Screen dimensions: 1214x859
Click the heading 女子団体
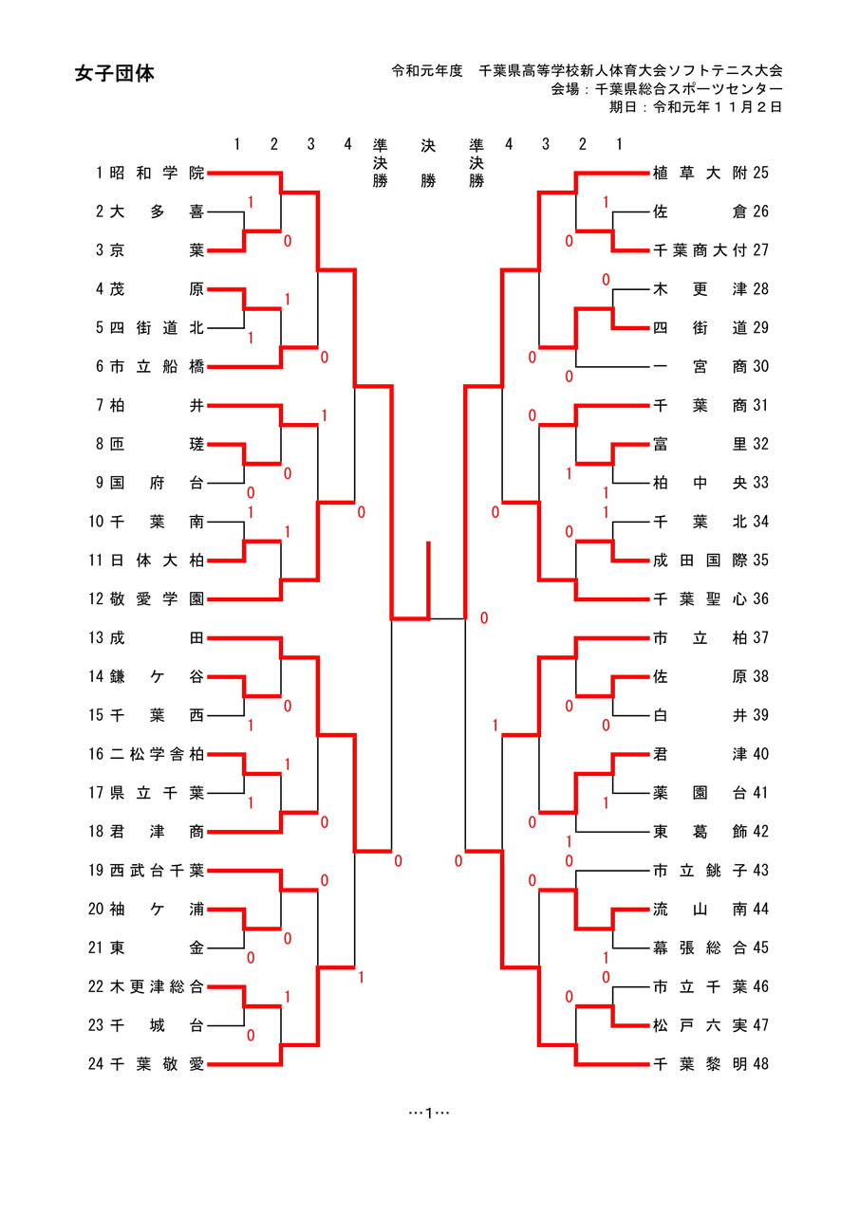[114, 74]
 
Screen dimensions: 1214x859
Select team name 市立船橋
[157, 366]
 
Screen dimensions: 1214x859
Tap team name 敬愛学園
[157, 598]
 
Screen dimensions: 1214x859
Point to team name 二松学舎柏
[157, 754]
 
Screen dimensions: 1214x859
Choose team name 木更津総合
[157, 986]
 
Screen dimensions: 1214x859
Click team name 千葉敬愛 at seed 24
[157, 1064]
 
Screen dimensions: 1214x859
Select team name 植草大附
[700, 173]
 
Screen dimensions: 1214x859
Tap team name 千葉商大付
[700, 250]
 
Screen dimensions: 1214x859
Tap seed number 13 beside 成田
[95, 637]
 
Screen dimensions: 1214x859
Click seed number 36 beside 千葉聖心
[760, 598]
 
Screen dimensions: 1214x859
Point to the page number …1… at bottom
[429, 1112]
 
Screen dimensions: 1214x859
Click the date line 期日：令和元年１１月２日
[696, 107]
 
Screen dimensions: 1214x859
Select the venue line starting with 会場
[666, 89]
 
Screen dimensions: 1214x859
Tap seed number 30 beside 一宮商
[760, 366]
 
